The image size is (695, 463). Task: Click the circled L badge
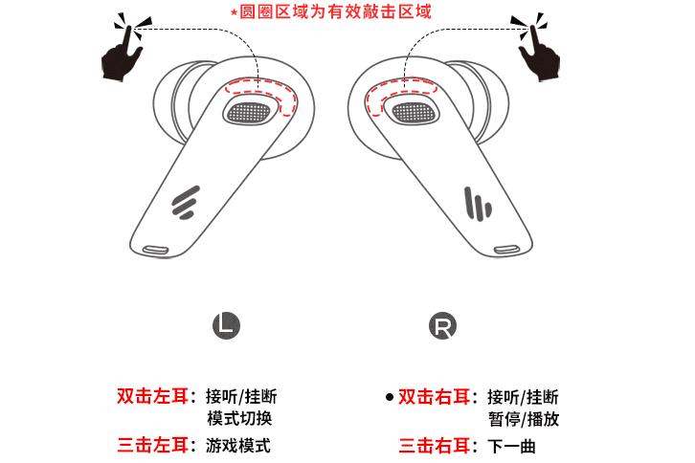(x=226, y=325)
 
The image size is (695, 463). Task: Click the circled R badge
(x=442, y=325)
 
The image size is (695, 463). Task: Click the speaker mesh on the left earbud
(x=249, y=113)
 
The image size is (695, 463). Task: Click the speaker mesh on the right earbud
(x=414, y=113)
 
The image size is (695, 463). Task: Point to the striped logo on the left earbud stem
(x=186, y=203)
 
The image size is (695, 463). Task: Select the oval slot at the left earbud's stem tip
(x=155, y=250)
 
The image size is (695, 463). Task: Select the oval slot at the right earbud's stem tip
(x=506, y=250)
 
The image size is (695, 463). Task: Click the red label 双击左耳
(x=152, y=396)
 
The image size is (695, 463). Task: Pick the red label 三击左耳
(x=152, y=445)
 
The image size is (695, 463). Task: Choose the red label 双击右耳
(x=434, y=397)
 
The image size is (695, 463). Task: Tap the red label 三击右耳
(x=434, y=445)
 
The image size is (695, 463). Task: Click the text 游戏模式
(x=238, y=445)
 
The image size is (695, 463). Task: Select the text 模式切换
(x=239, y=418)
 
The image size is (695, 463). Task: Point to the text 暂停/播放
(x=524, y=419)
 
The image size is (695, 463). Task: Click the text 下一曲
(x=512, y=446)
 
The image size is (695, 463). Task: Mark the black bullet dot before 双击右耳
(x=390, y=397)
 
